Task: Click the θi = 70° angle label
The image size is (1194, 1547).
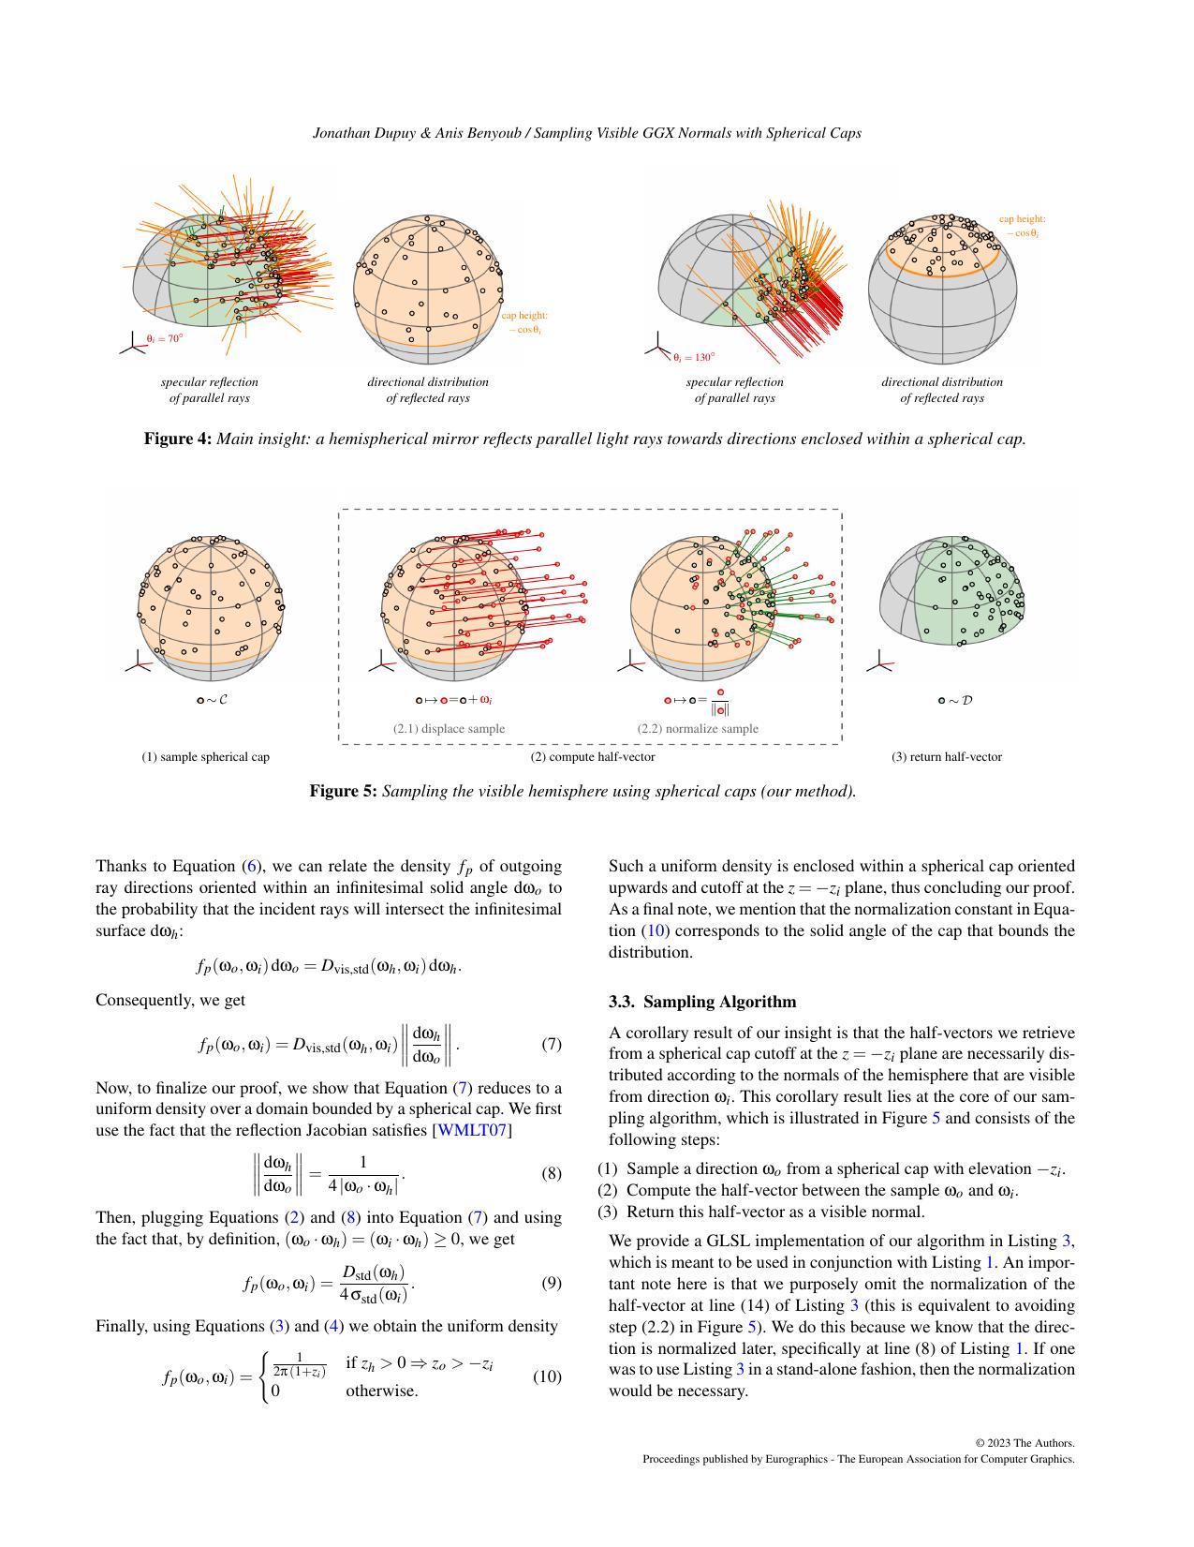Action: pos(164,339)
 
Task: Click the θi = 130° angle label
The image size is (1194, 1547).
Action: pos(693,357)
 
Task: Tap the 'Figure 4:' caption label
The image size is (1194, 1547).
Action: pos(178,439)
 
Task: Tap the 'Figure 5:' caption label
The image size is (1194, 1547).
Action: pos(344,791)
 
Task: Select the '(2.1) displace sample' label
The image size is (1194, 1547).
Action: pos(449,728)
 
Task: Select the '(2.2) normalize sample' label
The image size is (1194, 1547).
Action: pos(698,728)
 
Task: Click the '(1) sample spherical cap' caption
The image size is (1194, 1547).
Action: pos(206,756)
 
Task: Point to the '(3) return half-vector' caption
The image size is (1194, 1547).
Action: pos(946,756)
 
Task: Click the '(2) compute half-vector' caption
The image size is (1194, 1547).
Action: pos(593,756)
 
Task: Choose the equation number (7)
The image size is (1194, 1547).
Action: pos(552,1044)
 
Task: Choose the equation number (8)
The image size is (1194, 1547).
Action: pos(552,1174)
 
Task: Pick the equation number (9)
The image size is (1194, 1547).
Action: pos(552,1283)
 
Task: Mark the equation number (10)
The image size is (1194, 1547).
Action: pos(548,1376)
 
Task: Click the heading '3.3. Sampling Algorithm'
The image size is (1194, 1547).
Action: pos(702,1002)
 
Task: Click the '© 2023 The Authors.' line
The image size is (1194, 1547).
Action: pos(1024,1443)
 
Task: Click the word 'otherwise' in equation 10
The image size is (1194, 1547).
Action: pos(379,1391)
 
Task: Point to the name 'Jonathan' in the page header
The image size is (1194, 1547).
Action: pos(340,133)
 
